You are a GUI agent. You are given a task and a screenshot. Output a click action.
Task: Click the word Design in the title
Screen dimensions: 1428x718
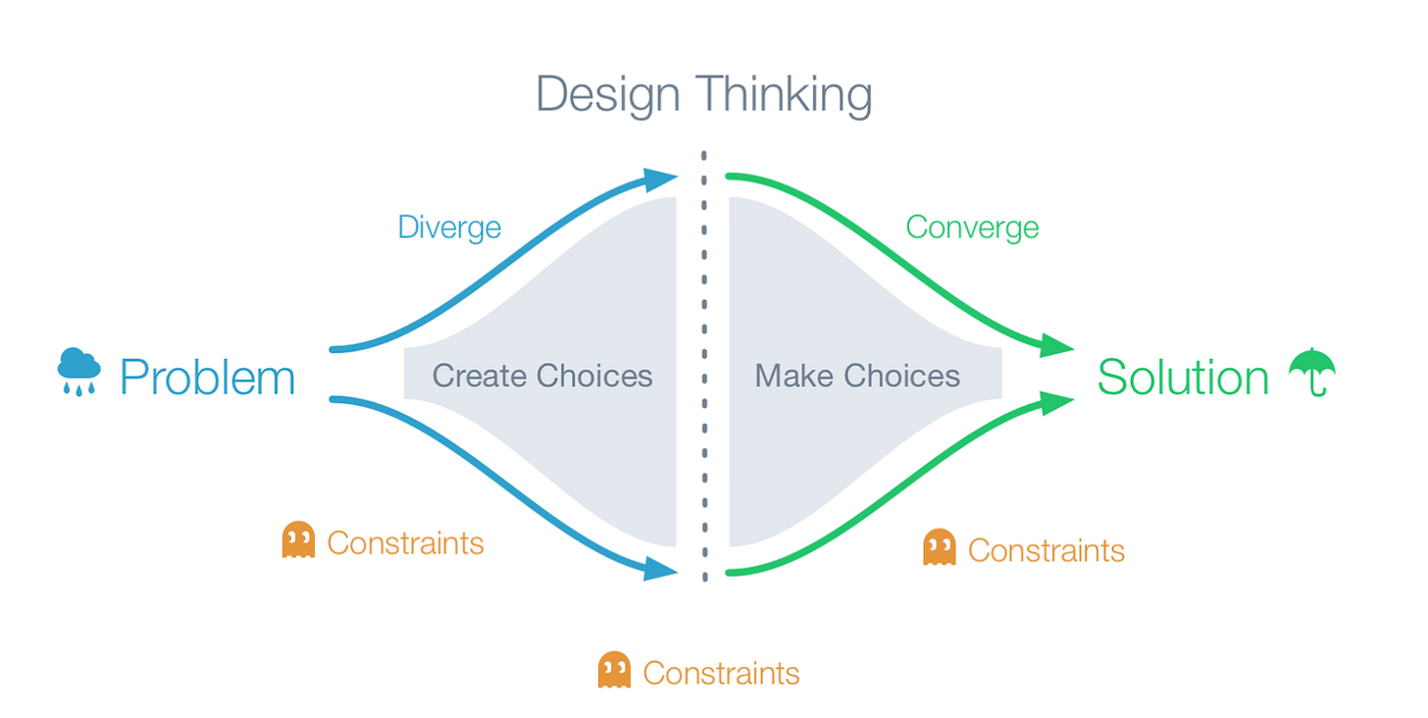608,95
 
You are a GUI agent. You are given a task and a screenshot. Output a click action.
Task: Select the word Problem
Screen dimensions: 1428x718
207,378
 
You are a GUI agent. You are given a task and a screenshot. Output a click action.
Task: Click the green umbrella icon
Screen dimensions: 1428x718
1312,372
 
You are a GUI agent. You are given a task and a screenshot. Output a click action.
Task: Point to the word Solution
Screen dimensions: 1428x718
1183,378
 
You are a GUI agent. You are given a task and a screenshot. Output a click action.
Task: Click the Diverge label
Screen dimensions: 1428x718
449,228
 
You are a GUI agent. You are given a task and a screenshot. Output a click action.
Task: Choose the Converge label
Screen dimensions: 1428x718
972,228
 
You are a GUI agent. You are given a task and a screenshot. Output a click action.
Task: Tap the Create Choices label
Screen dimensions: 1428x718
542,376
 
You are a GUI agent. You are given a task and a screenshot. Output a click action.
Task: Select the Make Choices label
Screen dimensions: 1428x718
857,376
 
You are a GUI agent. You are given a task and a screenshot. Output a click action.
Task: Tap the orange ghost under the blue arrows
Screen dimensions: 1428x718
298,540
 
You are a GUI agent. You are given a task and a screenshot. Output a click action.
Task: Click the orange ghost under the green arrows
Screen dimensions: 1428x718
940,547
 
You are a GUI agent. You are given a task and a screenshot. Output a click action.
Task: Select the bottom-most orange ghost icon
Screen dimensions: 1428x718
614,671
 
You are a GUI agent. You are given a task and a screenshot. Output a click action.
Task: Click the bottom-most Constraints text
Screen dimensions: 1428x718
721,674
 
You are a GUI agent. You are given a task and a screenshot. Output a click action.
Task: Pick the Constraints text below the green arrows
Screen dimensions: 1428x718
1045,550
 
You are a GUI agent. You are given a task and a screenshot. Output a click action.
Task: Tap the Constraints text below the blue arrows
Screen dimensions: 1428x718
405,542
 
